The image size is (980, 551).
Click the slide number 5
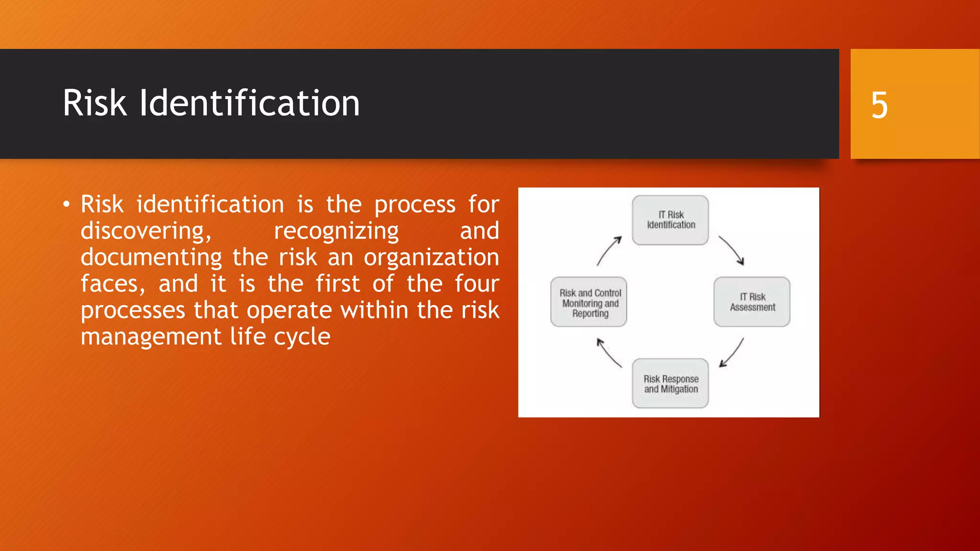[879, 105]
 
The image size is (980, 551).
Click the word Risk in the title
[95, 103]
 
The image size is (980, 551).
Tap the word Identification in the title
[249, 103]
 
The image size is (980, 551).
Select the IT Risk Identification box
[670, 220]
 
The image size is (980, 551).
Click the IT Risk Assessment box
[752, 302]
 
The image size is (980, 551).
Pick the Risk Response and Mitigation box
[670, 384]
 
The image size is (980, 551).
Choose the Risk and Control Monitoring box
[589, 302]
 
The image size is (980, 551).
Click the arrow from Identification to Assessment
[732, 250]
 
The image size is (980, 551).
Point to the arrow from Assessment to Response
[732, 353]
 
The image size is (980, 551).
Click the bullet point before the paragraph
[66, 205]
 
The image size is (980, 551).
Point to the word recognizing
[336, 231]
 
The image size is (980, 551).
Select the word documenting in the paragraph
[151, 257]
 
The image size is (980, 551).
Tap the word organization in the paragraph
[431, 257]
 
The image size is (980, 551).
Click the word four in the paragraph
[477, 284]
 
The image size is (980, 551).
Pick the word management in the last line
[151, 337]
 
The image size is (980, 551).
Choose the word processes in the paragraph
[133, 310]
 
